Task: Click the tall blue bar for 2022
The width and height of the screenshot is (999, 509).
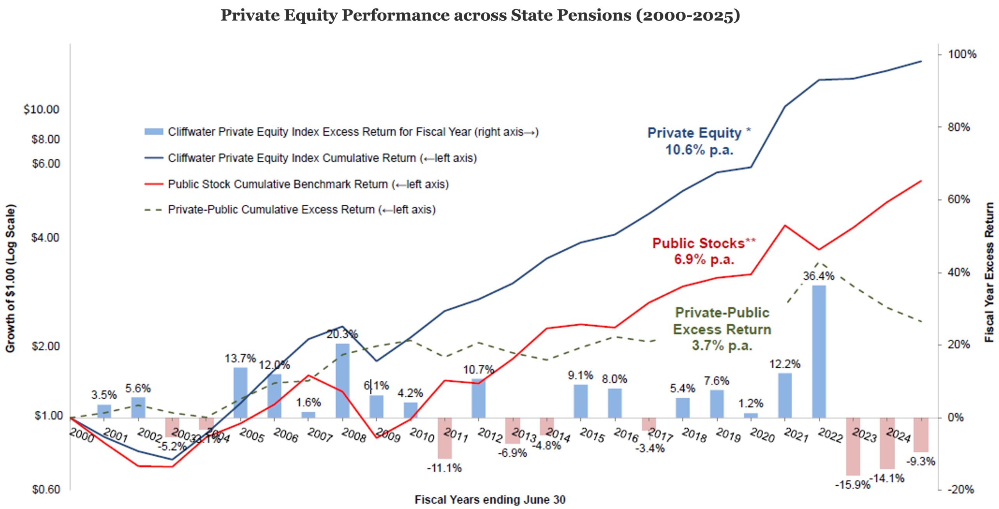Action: point(819,351)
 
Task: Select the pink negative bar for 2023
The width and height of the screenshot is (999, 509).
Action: point(853,446)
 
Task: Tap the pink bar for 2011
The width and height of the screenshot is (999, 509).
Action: point(444,438)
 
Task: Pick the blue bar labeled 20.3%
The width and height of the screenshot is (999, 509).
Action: point(342,380)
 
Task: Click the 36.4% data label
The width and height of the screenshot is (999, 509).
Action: point(818,276)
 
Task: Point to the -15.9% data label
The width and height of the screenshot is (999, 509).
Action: point(853,485)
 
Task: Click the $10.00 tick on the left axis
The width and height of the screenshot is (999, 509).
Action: point(41,110)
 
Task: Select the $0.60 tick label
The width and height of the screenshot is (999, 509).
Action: point(45,489)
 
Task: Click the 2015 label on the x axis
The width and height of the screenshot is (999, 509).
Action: point(592,435)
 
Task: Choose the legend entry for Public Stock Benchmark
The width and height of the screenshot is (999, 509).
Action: point(308,184)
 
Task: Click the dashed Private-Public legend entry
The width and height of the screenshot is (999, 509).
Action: point(301,210)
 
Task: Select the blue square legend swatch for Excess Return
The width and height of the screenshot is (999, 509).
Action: point(154,132)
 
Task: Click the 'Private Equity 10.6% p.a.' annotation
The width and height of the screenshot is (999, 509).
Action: point(699,141)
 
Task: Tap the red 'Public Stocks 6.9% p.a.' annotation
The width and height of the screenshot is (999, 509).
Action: point(704,251)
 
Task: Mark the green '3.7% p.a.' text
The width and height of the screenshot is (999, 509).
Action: point(722,346)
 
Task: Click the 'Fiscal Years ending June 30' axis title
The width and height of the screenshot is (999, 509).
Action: point(490,500)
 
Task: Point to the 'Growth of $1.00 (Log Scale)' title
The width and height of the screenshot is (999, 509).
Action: point(10,278)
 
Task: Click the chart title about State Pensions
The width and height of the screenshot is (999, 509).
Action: point(480,16)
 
